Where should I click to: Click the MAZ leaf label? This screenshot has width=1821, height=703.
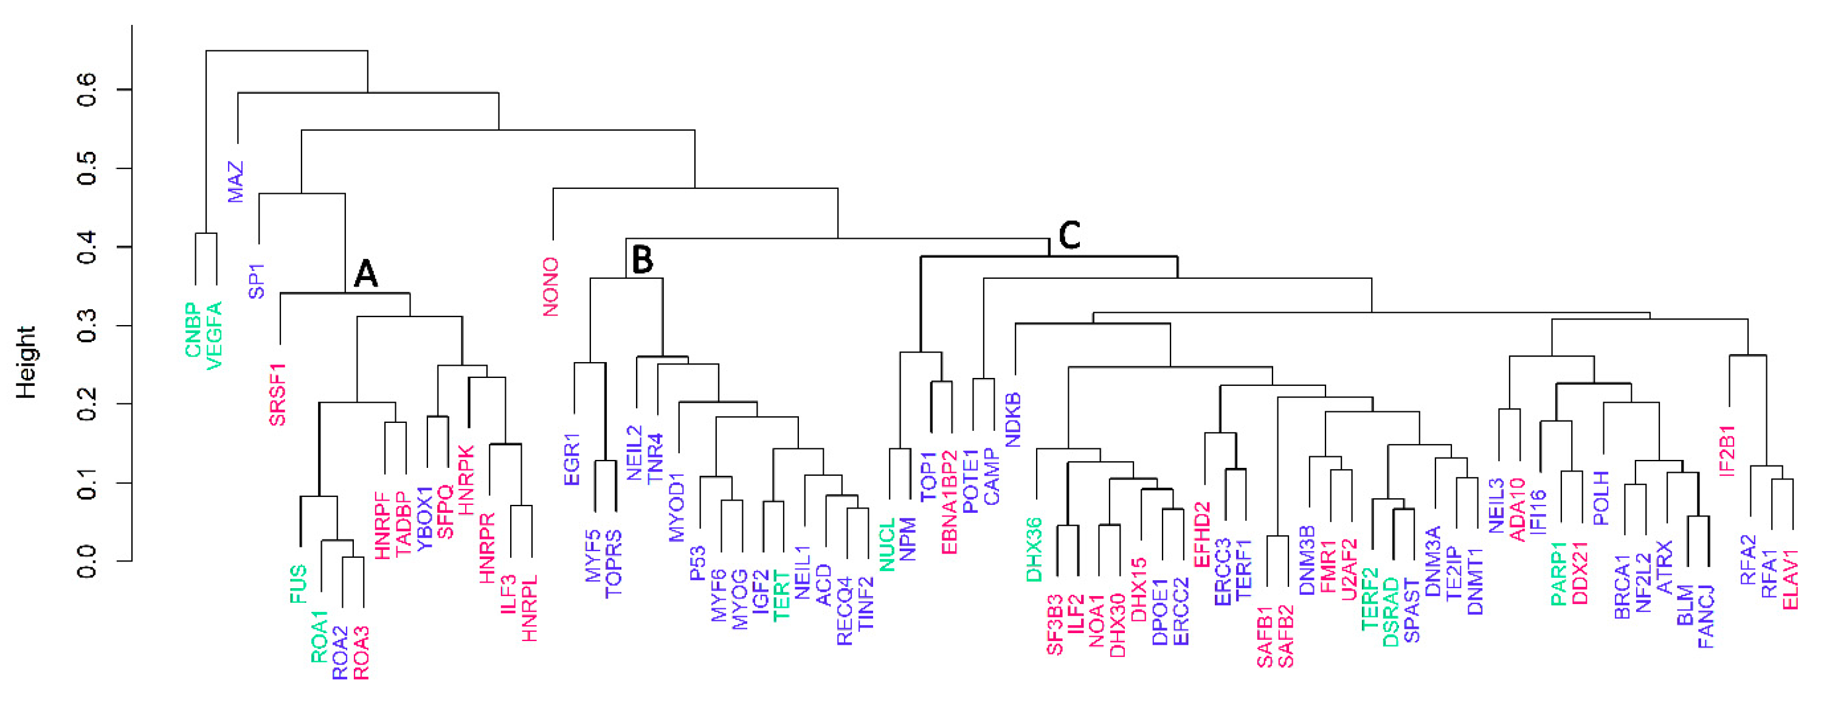click(235, 182)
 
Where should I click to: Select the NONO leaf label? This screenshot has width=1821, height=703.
click(551, 286)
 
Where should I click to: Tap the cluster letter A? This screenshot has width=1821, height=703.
click(365, 273)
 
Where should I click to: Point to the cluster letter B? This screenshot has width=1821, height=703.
click(642, 259)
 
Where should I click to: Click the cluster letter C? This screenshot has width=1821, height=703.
click(1069, 235)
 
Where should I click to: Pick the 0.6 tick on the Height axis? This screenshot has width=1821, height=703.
click(87, 90)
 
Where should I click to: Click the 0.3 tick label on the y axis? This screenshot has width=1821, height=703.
click(87, 326)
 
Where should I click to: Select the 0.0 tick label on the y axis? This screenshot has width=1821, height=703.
click(87, 561)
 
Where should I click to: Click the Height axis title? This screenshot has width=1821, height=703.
click(26, 363)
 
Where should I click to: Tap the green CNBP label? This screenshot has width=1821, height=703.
click(193, 330)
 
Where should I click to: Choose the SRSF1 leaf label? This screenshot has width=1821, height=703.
click(278, 395)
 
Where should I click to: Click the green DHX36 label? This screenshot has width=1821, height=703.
click(1034, 550)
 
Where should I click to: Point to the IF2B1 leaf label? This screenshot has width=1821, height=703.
click(1727, 450)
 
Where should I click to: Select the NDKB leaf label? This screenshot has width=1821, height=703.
click(1014, 420)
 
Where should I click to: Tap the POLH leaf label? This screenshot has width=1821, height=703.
click(1601, 498)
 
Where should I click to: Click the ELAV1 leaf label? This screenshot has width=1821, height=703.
click(1791, 580)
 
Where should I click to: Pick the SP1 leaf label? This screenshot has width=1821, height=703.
click(257, 281)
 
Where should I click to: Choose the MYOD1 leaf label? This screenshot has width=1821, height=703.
click(677, 507)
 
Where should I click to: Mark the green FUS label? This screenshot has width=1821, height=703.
click(299, 583)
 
